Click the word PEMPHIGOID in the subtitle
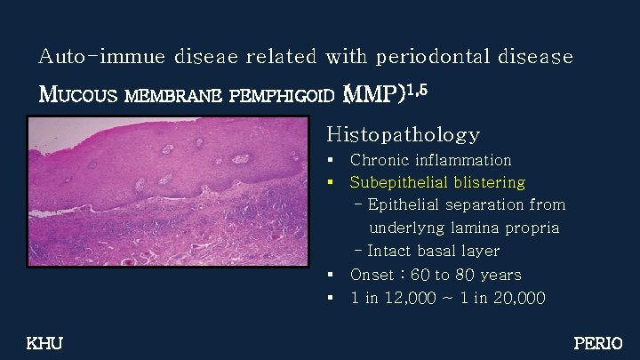click(281, 94)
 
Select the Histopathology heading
click(403, 134)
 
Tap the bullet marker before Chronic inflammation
click(330, 161)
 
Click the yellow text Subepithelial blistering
click(437, 182)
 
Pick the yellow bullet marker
click(330, 183)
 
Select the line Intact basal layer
click(433, 252)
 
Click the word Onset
click(373, 275)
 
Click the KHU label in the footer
click(44, 343)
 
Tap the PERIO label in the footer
click(598, 343)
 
